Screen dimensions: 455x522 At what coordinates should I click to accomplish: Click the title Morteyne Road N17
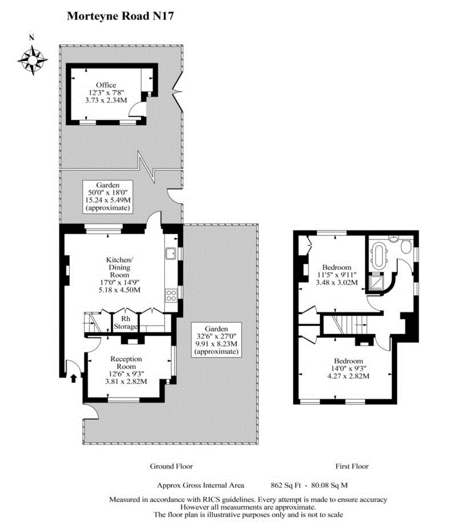[x=120, y=16]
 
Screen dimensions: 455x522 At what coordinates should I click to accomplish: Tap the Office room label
[x=106, y=85]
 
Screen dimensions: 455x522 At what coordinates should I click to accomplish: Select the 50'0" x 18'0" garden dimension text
[x=107, y=192]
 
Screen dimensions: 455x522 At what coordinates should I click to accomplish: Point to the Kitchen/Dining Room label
[x=119, y=267]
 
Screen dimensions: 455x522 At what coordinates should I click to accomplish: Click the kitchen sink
[x=171, y=254]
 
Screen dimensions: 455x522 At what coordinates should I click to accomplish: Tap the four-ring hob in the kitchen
[x=171, y=295]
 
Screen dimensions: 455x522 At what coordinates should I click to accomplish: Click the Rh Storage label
[x=126, y=323]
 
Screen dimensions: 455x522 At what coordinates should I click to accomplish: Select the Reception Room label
[x=126, y=362]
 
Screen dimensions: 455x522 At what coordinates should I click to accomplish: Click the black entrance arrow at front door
[x=73, y=378]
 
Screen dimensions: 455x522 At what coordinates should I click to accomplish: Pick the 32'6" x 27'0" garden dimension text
[x=217, y=336]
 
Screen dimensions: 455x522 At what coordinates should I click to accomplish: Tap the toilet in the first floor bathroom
[x=406, y=247]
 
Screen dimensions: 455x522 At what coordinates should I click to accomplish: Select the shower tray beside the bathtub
[x=377, y=282]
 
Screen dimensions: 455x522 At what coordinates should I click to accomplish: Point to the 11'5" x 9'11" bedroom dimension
[x=337, y=275]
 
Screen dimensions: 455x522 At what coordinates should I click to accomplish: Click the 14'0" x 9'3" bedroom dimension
[x=348, y=369]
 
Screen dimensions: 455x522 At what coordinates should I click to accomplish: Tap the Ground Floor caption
[x=171, y=466]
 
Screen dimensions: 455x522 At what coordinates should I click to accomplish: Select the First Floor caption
[x=352, y=466]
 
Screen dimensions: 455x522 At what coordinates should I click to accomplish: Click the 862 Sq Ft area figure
[x=286, y=485]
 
